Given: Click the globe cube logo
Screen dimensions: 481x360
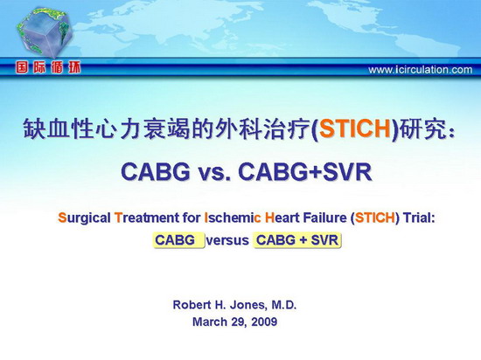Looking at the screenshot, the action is (x=45, y=32).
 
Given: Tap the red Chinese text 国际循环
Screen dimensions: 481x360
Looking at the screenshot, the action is (x=48, y=67).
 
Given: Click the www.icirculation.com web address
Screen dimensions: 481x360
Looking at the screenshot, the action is (x=421, y=70).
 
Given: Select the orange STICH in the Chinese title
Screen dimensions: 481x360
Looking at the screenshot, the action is (x=354, y=128).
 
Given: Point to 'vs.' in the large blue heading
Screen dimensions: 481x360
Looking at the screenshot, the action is (x=214, y=172).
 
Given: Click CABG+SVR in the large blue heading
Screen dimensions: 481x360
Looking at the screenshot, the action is (x=305, y=171).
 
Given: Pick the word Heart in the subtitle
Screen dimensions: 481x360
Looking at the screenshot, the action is (x=282, y=218).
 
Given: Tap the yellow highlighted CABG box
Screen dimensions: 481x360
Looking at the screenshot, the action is (x=178, y=240).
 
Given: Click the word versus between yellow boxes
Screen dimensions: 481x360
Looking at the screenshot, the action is (x=227, y=240).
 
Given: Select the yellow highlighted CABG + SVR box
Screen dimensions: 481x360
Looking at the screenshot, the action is (x=297, y=240).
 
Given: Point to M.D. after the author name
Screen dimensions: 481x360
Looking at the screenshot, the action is (x=284, y=305).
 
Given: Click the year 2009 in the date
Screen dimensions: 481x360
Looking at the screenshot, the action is (x=264, y=322).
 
